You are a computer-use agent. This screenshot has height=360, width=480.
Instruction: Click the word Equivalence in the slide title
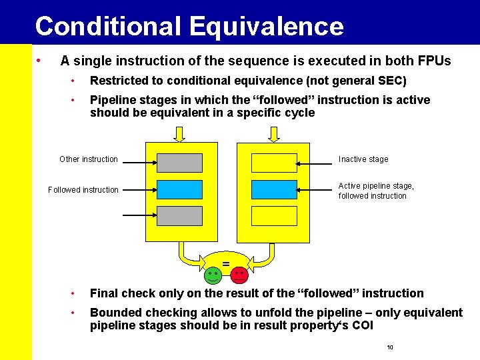[266, 27]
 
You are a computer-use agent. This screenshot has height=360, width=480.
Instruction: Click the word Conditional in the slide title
[108, 27]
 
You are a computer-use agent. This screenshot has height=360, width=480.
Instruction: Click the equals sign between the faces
[226, 265]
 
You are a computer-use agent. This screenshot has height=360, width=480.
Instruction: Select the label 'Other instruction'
[89, 159]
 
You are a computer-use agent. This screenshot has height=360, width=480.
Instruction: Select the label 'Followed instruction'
[83, 190]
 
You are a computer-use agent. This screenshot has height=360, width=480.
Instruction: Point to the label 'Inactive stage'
[363, 159]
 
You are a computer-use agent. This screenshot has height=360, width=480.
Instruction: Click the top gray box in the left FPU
[179, 163]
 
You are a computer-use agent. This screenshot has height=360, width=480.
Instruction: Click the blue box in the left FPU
[179, 189]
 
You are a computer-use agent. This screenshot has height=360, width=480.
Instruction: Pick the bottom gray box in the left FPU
[179, 215]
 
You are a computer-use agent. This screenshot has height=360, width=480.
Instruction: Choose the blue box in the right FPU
[274, 189]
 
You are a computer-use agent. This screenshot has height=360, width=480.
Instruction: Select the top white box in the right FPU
[274, 163]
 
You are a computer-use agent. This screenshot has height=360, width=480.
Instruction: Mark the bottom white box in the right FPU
[274, 215]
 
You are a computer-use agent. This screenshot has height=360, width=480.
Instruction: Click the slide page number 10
[390, 348]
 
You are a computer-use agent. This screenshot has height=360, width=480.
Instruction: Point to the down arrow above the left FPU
[179, 134]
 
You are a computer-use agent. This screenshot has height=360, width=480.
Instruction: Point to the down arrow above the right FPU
[274, 134]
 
